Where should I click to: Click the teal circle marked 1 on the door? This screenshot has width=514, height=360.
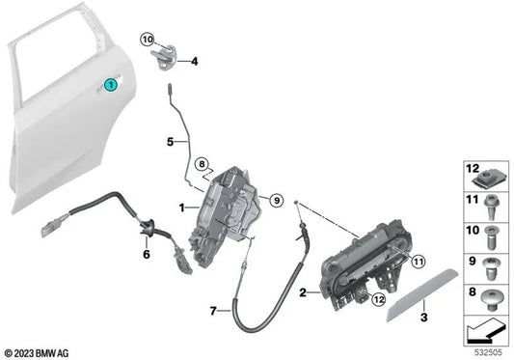[111, 86]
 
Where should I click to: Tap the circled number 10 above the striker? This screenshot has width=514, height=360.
[148, 40]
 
